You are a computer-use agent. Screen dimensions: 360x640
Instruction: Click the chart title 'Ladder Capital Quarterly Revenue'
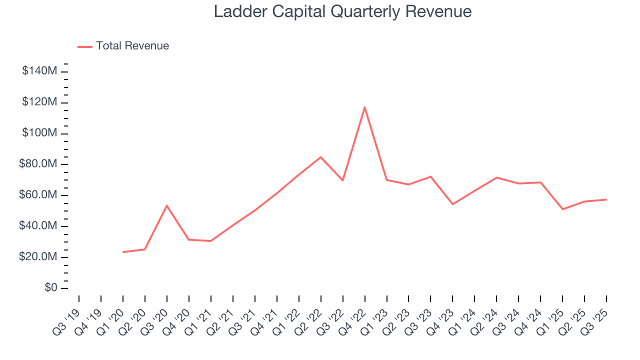342,11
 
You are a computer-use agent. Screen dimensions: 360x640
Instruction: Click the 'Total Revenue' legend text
132,46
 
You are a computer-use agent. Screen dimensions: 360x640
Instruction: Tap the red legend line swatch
85,46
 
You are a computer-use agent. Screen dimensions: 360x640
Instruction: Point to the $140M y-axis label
39,71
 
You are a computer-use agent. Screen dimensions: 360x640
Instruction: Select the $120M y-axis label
39,102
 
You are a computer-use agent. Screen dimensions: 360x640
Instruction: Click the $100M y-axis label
39,133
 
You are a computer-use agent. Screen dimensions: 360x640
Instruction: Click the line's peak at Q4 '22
365,107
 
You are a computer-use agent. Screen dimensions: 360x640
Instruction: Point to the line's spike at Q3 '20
167,205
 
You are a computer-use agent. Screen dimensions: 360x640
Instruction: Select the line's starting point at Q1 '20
123,252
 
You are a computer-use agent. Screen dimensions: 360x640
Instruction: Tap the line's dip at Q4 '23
452,204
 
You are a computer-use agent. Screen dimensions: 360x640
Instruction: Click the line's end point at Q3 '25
606,199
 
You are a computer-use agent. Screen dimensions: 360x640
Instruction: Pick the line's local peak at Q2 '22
321,157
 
